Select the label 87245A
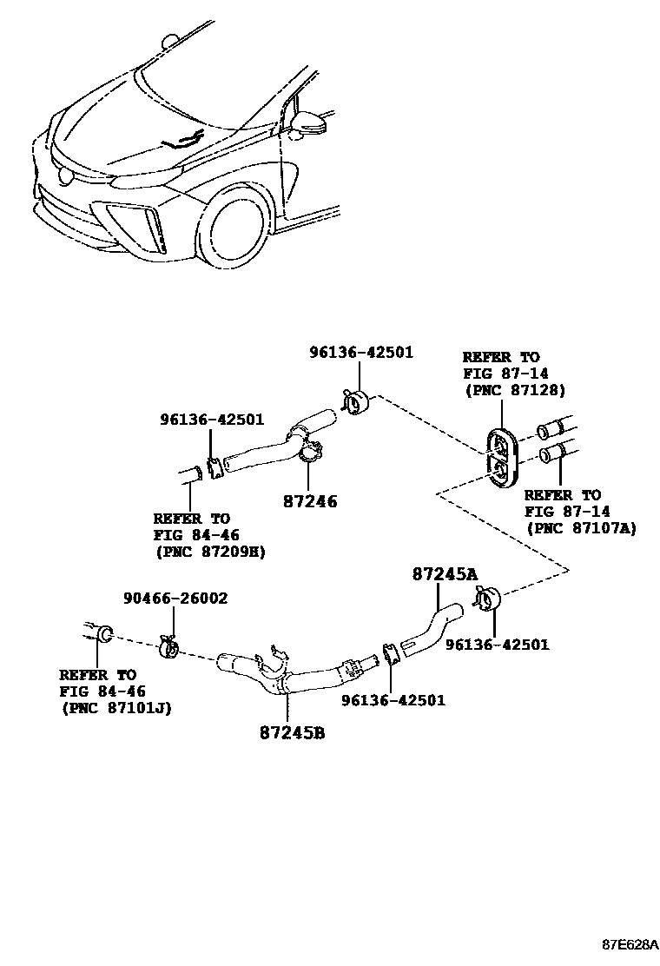[445, 573]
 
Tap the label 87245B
[292, 732]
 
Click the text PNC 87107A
[581, 528]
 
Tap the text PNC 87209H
[210, 551]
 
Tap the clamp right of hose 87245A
[488, 599]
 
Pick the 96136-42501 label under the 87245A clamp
[497, 645]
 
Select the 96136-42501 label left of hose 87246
[211, 419]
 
